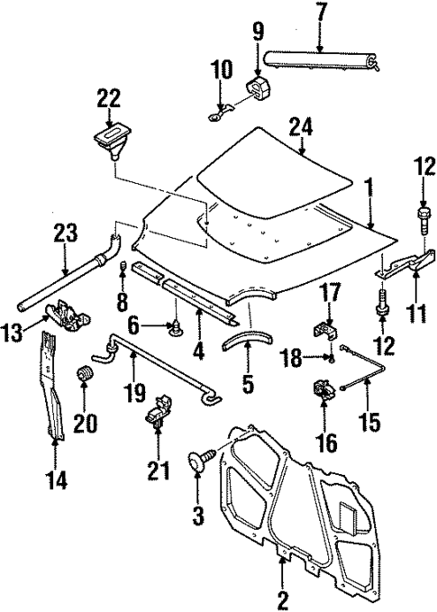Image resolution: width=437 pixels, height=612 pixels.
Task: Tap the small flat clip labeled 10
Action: point(219,111)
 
